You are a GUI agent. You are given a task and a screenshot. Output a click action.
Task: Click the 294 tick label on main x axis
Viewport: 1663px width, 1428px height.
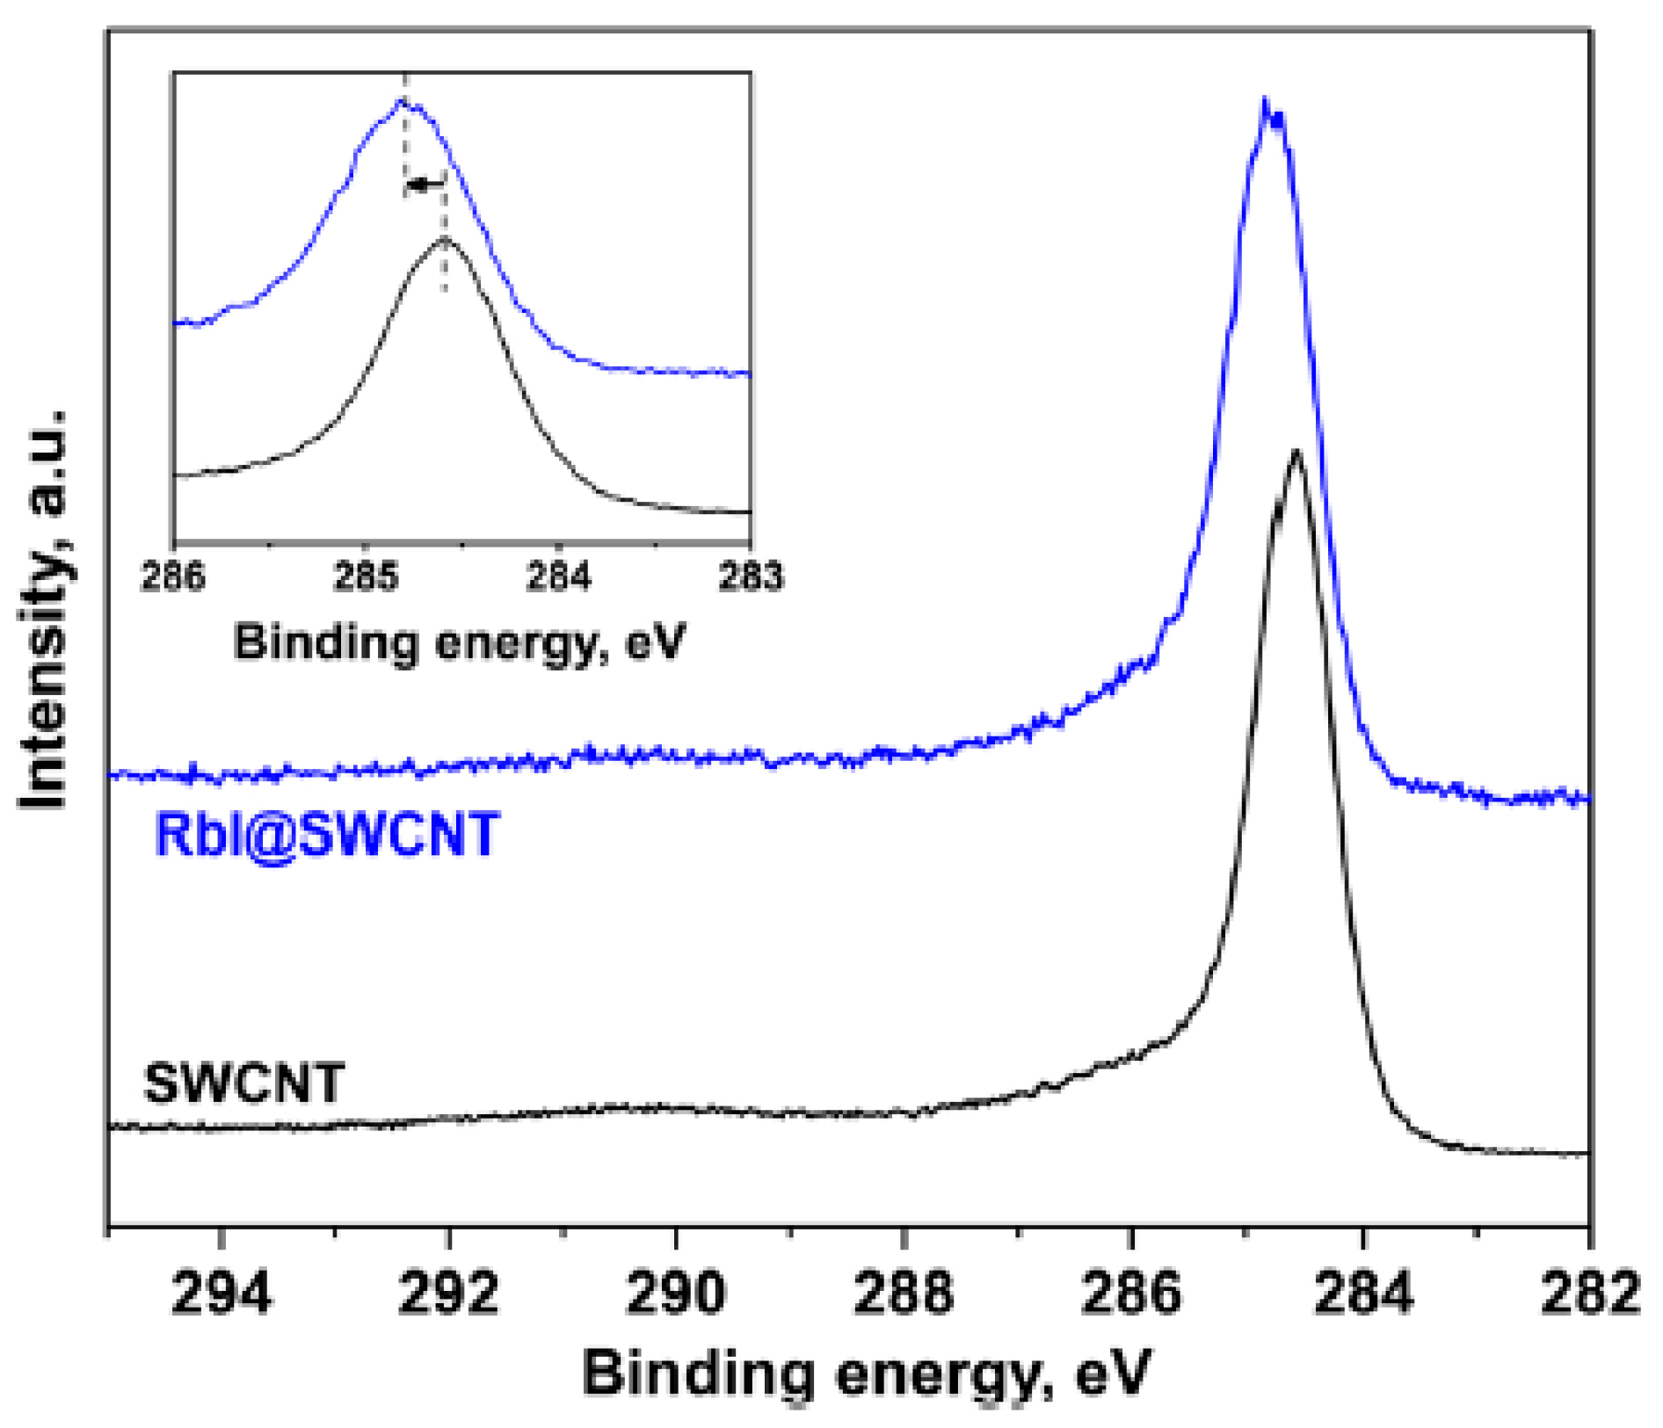coord(221,1294)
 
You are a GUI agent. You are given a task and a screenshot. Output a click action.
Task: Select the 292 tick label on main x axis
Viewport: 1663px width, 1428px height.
coord(448,1294)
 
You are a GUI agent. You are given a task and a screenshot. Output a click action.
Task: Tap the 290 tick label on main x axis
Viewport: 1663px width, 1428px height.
coord(675,1294)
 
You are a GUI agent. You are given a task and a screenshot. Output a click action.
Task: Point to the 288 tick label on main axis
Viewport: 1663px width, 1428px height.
coord(903,1294)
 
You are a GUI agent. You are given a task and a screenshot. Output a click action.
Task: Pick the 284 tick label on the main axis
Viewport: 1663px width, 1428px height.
coord(1362,1294)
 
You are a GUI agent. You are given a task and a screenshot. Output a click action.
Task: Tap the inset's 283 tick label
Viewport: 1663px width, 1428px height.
coord(750,577)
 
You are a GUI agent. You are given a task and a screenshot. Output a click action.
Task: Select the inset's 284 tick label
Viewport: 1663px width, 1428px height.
coord(558,577)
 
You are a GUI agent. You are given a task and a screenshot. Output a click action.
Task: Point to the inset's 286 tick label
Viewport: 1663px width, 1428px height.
coord(173,577)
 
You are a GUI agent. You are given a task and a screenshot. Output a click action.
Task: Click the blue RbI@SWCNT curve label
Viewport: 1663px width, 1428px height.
coord(327,835)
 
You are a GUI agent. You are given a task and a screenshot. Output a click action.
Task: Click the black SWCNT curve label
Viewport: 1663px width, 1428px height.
coord(243,1084)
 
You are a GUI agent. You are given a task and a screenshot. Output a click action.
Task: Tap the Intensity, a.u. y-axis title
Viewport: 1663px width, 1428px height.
coord(44,608)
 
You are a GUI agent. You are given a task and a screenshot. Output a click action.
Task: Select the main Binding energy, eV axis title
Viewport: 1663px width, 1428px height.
coord(866,1373)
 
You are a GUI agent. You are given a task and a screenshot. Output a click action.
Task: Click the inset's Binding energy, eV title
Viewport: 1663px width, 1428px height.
coord(459,642)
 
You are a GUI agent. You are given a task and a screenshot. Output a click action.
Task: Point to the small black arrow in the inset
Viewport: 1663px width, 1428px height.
coord(425,185)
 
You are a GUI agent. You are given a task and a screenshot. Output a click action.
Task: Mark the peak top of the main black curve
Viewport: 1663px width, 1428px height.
coord(1296,453)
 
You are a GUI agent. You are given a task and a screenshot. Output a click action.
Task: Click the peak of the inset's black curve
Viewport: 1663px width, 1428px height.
coord(444,239)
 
